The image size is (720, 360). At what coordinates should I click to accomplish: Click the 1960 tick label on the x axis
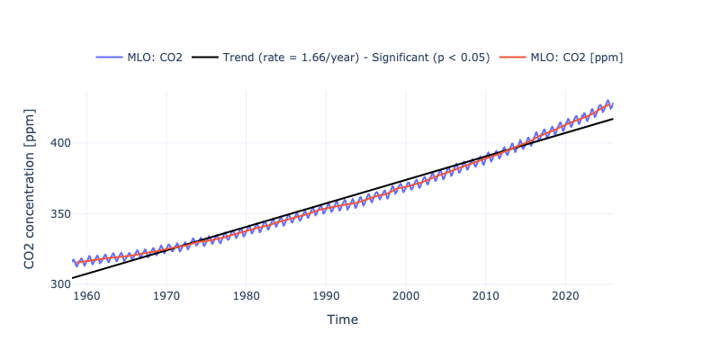pyautogui.click(x=85, y=296)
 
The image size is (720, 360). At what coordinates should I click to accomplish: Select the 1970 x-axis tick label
pyautogui.click(x=166, y=296)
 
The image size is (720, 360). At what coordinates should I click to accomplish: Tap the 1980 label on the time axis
pyautogui.click(x=246, y=296)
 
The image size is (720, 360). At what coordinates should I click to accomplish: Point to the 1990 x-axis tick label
pyautogui.click(x=326, y=296)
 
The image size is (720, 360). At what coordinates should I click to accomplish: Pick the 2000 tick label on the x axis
pyautogui.click(x=406, y=296)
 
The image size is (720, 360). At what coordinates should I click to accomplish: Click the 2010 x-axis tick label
pyautogui.click(x=486, y=296)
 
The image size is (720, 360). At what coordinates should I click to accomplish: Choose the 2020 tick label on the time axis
pyautogui.click(x=565, y=296)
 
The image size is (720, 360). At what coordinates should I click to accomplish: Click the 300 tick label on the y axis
pyautogui.click(x=59, y=284)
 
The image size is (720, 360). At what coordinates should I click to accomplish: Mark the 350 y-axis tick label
pyautogui.click(x=59, y=214)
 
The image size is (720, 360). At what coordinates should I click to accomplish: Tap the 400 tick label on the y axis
pyautogui.click(x=59, y=143)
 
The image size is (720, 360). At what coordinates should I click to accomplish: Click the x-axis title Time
pyautogui.click(x=342, y=319)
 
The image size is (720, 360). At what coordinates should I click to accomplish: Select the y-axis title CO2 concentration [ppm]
pyautogui.click(x=30, y=188)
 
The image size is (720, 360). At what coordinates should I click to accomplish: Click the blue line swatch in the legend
pyautogui.click(x=109, y=58)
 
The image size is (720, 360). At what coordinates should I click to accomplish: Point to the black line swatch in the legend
pyautogui.click(x=204, y=58)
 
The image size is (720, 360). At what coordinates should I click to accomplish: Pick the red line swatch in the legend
pyautogui.click(x=512, y=58)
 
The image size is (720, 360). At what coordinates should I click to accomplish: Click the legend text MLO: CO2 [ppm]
pyautogui.click(x=577, y=58)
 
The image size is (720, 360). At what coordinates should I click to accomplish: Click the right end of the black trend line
pyautogui.click(x=613, y=119)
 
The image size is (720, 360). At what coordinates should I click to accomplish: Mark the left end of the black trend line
pyautogui.click(x=73, y=278)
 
